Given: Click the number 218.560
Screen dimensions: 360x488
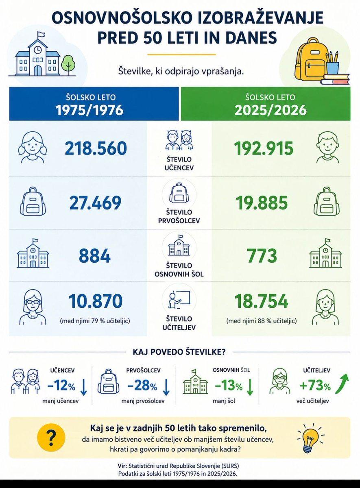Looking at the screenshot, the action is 96,148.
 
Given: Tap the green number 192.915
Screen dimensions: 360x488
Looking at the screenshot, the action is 264,148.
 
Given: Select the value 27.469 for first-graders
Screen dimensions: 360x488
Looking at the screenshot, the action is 95,203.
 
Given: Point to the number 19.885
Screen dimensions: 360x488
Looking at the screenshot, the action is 262,203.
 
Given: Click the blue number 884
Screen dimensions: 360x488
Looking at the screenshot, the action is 95,256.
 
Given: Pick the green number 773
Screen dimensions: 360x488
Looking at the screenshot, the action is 262,256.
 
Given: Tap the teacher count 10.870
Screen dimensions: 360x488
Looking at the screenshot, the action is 96,301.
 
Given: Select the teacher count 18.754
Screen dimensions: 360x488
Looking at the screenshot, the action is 261,301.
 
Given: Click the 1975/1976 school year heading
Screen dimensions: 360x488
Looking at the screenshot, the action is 90,110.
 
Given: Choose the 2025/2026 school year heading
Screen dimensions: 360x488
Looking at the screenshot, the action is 271,110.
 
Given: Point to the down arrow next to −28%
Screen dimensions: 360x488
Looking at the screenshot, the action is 166,387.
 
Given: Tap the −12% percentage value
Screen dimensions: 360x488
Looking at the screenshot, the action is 61,386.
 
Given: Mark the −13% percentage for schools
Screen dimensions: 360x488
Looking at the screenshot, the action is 229,386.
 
